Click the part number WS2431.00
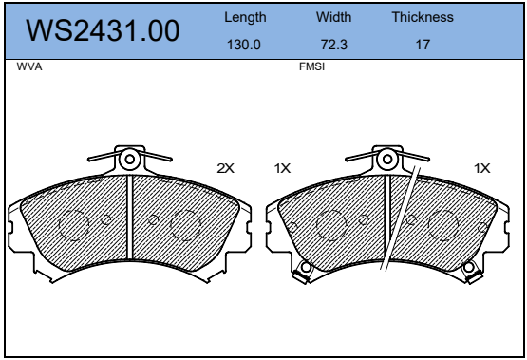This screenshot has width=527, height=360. tap(103, 30)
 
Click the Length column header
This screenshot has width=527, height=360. tap(245, 17)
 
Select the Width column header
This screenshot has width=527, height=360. tap(333, 17)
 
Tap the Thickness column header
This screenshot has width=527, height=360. tap(423, 17)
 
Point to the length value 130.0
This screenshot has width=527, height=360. tap(244, 45)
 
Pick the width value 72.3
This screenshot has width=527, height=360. tap(333, 45)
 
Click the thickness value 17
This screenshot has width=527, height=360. tap(423, 45)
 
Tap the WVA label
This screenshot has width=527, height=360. tap(29, 66)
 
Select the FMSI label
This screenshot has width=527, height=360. tap(311, 66)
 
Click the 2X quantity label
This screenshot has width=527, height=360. tap(226, 168)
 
